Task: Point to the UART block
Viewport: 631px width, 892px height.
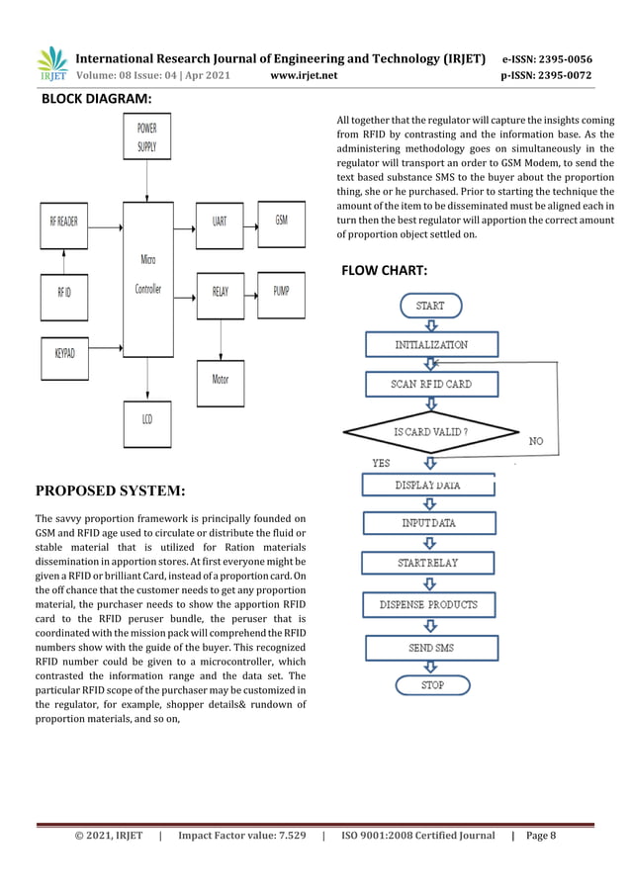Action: [x=220, y=221]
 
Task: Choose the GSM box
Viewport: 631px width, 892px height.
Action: [x=281, y=220]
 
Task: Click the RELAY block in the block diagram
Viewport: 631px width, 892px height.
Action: [x=220, y=291]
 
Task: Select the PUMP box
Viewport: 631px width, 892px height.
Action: [x=281, y=291]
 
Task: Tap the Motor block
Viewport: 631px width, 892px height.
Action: [x=220, y=379]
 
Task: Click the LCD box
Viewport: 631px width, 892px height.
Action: [x=146, y=418]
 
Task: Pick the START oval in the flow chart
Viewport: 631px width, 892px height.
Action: [x=430, y=306]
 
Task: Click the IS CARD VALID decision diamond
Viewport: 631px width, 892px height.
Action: [x=431, y=432]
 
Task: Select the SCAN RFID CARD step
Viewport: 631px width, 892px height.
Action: [x=431, y=384]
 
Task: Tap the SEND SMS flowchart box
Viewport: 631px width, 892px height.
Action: [x=432, y=648]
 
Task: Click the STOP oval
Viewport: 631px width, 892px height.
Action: [x=432, y=684]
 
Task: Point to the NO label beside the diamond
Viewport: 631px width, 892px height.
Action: [x=537, y=440]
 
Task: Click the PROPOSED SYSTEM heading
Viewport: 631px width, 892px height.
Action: [x=110, y=490]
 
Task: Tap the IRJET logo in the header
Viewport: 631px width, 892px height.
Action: [x=52, y=64]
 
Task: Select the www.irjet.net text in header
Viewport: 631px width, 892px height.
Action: [x=304, y=74]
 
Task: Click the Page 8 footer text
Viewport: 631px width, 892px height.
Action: [x=541, y=836]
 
